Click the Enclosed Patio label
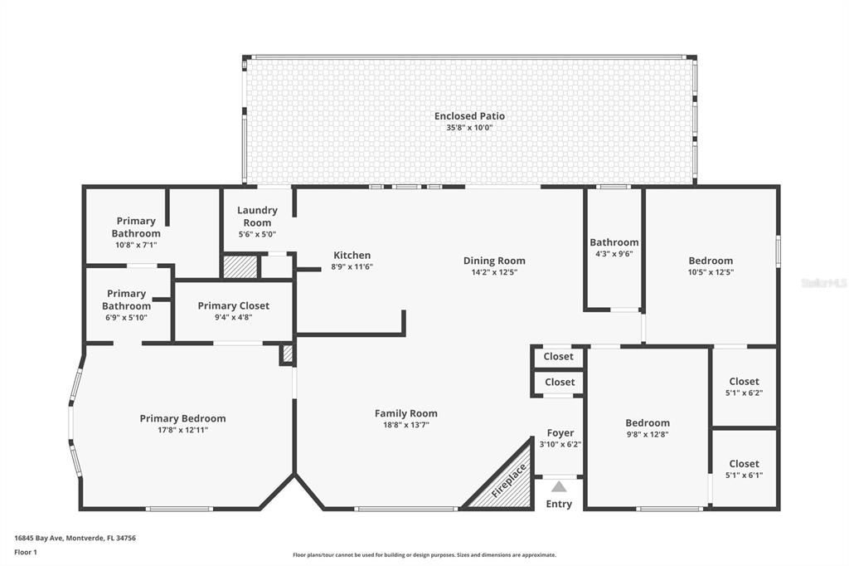tap(469, 116)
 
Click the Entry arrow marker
tap(559, 487)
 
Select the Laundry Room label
tap(257, 217)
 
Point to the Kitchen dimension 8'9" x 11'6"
tap(352, 266)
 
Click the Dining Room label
tap(494, 261)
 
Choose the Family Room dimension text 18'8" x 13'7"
tap(405, 425)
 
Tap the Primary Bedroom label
tap(182, 418)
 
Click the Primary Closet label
tap(233, 306)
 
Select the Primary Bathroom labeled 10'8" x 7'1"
tap(136, 227)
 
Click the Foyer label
tap(560, 433)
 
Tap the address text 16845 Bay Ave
tap(75, 538)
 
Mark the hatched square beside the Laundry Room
tap(240, 266)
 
